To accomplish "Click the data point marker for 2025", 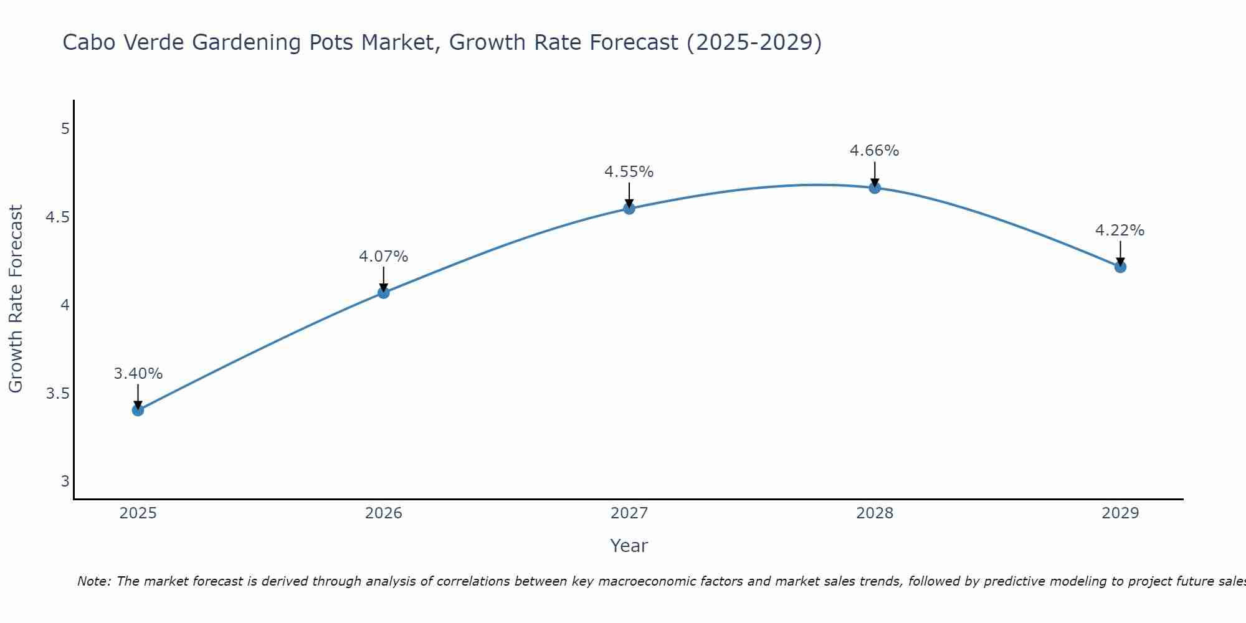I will (x=138, y=410).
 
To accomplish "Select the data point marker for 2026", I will (x=384, y=292).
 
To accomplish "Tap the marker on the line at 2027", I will (x=629, y=208).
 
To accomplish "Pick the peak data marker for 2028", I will (x=875, y=188).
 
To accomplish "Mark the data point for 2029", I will (x=1120, y=267).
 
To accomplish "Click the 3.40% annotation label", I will (x=138, y=374).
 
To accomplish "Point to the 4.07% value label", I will (x=384, y=257).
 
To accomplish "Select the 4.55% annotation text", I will (x=629, y=172).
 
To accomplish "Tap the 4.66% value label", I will (x=875, y=151).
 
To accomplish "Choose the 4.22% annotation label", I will (x=1120, y=231).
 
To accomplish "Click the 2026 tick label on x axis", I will (x=384, y=513).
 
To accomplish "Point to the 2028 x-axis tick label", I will (x=875, y=513).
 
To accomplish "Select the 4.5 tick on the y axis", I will (x=57, y=217).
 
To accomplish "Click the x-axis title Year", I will (x=629, y=546).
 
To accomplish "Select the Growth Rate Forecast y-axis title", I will (x=16, y=299).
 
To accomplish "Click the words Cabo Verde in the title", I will (x=124, y=42).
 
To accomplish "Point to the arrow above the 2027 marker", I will (x=629, y=194).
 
